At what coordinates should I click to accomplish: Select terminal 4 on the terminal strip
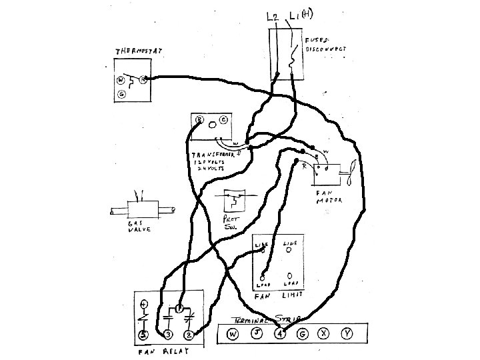[x=280, y=334]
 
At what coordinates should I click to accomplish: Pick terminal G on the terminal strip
[x=303, y=334]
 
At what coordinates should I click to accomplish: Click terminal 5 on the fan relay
[x=143, y=334]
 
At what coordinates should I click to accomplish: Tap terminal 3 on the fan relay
[x=168, y=334]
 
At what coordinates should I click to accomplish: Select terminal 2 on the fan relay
[x=189, y=334]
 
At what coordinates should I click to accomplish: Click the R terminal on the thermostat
[x=143, y=79]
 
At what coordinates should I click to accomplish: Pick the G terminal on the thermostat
[x=121, y=94]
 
